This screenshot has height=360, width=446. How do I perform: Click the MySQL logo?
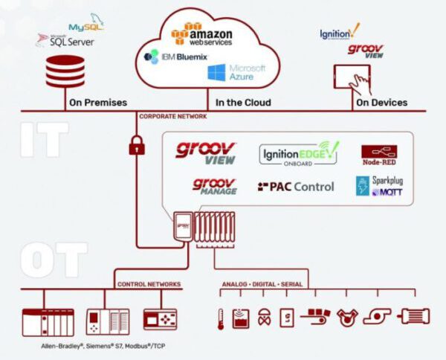coord(85,25)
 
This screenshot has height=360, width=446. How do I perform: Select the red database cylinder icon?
coord(65,72)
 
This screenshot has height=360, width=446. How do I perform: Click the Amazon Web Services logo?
coord(202,33)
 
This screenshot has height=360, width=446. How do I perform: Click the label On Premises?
coord(97,102)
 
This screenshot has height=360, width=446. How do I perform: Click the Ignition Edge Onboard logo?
coord(298,154)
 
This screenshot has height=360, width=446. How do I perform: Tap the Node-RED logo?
coord(378,155)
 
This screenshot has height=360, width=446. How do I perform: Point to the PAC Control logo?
coord(296,187)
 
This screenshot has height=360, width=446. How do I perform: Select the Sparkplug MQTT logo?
coord(378,186)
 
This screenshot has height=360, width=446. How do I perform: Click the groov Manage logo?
coord(215,187)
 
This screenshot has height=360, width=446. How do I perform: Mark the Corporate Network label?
coord(172,117)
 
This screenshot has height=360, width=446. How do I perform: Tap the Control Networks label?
coord(149,284)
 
